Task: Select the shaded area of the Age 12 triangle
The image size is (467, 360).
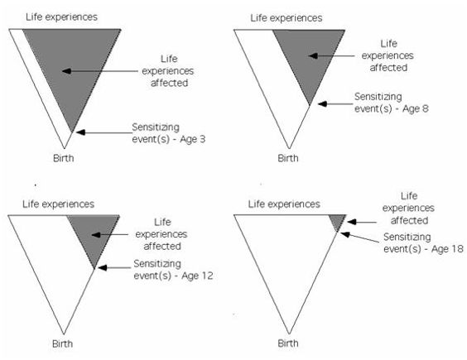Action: click(94, 233)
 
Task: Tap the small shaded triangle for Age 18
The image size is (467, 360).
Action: click(338, 221)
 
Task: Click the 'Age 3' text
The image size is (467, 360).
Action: click(192, 139)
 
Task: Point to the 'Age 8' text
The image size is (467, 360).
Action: click(416, 108)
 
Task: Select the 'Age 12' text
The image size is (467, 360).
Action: click(197, 276)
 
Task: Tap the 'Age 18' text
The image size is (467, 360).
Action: click(447, 248)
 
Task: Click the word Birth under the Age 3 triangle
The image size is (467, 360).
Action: click(64, 158)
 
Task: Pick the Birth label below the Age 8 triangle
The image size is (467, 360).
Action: click(288, 158)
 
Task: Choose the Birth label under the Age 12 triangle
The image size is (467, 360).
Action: click(63, 343)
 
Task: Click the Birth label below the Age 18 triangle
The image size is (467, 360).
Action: click(288, 343)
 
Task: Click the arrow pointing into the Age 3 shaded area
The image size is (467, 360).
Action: click(100, 71)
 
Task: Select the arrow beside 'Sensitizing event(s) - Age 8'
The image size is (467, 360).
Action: click(335, 104)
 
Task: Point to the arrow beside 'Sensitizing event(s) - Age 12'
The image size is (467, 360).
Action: click(114, 267)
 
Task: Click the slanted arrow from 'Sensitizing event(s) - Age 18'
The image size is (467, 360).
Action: click(361, 238)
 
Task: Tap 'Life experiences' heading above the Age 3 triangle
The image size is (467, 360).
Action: click(61, 17)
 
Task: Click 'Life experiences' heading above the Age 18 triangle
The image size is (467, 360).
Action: click(284, 204)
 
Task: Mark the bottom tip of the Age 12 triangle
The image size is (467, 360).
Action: click(64, 334)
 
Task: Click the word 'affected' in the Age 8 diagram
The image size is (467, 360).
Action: click(388, 68)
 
